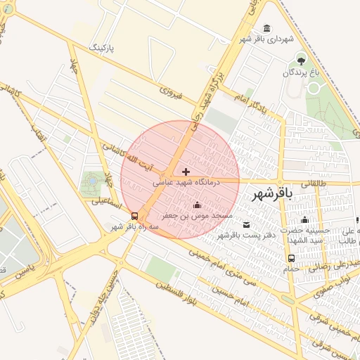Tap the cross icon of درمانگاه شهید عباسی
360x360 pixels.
(186, 171)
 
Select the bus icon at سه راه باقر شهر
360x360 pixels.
(134, 216)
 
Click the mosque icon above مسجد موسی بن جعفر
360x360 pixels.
(196, 205)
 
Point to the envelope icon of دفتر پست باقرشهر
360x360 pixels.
(245, 224)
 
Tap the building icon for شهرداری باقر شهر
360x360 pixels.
(266, 28)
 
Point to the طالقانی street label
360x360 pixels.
(314, 182)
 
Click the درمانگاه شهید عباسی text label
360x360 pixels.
(186, 181)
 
